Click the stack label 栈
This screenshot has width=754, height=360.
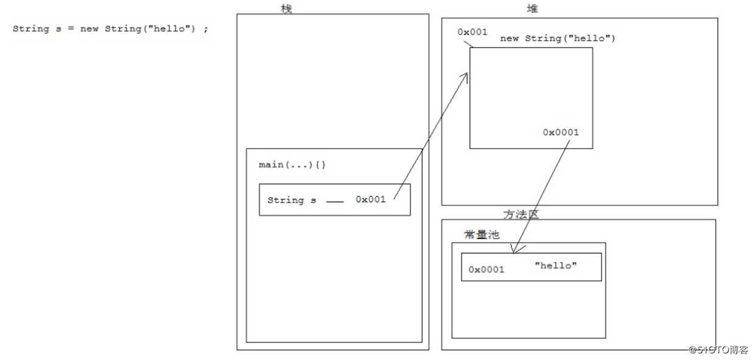click(286, 9)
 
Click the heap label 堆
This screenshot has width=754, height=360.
click(532, 9)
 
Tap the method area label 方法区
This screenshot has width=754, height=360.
click(521, 214)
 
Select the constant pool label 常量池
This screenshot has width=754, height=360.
click(482, 235)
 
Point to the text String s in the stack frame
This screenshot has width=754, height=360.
click(292, 200)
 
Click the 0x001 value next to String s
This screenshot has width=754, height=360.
click(371, 199)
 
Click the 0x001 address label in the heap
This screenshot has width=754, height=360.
click(472, 32)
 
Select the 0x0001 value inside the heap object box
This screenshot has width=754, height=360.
click(561, 132)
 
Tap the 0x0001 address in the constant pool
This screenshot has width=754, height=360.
click(486, 269)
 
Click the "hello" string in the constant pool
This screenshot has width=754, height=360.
click(556, 266)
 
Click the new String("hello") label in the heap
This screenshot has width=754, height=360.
click(558, 38)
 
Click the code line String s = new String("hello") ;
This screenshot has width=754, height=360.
click(110, 29)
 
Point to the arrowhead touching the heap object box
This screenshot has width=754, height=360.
click(465, 75)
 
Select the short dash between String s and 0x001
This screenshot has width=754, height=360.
click(335, 202)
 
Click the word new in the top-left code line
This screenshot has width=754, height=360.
click(89, 29)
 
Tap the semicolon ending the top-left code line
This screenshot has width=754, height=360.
click(206, 30)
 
